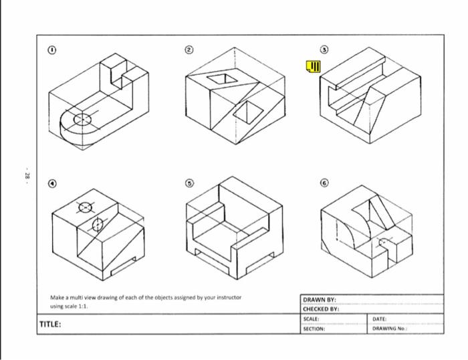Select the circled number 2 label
pos(189,50)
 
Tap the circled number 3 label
pos(324,50)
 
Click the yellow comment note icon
pos(313,66)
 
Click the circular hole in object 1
pos(82,120)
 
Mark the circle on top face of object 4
pos(86,207)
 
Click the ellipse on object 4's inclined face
pos(97,223)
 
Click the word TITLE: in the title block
pos(51,325)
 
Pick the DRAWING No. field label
pos(389,329)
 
